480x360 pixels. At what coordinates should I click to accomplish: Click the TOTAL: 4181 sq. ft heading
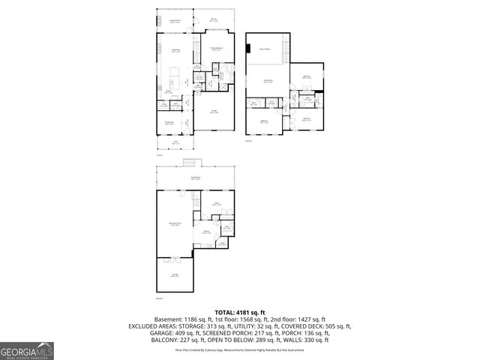(240, 312)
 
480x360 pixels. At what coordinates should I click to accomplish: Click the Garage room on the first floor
(214, 112)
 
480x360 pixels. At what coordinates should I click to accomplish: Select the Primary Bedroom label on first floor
(217, 49)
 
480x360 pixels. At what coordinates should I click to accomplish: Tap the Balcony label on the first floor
(213, 20)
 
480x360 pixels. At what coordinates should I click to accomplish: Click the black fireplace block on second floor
(246, 49)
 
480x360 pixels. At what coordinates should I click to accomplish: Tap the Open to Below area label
(265, 48)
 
